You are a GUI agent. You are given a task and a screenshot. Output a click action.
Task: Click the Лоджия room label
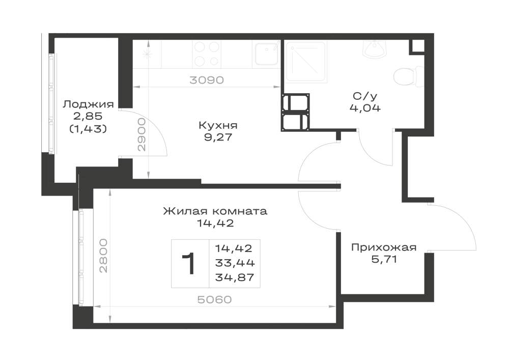(88, 104)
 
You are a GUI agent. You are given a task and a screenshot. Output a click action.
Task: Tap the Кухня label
(218, 125)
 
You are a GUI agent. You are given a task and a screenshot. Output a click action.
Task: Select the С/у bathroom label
(365, 96)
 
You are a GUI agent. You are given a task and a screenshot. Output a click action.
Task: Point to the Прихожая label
(384, 247)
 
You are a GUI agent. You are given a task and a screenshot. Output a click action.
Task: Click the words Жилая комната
(215, 211)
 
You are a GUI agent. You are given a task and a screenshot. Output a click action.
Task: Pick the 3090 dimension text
(207, 80)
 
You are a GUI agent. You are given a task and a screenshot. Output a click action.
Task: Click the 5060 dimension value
(215, 299)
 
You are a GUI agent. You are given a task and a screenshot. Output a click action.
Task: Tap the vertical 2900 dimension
(142, 134)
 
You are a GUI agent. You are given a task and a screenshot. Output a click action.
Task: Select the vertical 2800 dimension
(103, 256)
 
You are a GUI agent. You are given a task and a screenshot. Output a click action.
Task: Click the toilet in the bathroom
(408, 76)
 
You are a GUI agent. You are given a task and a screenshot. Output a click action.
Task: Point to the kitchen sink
(266, 53)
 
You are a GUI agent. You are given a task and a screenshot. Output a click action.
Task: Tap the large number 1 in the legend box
(189, 264)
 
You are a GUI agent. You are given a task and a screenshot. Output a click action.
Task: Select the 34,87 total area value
(235, 277)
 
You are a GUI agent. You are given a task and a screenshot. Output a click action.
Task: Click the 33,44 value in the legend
(235, 263)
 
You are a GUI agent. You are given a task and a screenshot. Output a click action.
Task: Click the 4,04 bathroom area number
(365, 108)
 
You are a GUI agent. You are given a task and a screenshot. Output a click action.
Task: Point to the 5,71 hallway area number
(384, 259)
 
